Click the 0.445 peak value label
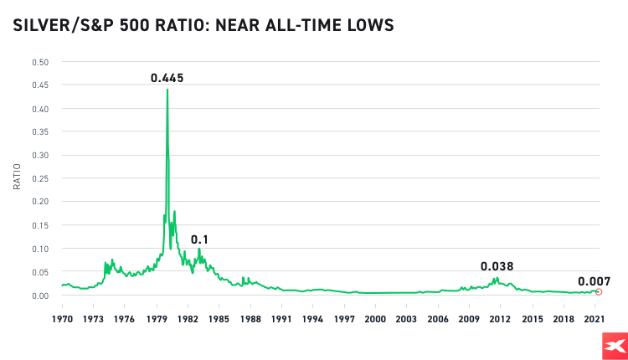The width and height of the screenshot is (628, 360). pyautogui.click(x=167, y=78)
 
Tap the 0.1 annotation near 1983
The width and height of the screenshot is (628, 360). pyautogui.click(x=199, y=239)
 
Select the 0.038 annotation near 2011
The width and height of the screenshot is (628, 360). pyautogui.click(x=497, y=266)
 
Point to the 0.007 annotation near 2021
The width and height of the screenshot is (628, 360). pyautogui.click(x=594, y=281)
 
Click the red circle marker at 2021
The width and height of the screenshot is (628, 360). pyautogui.click(x=598, y=291)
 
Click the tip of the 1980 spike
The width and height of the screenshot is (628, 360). pyautogui.click(x=167, y=90)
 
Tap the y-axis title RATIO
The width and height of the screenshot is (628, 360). pyautogui.click(x=17, y=177)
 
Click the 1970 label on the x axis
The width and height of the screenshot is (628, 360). pyautogui.click(x=62, y=319)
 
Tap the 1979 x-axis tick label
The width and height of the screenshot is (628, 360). pyautogui.click(x=156, y=319)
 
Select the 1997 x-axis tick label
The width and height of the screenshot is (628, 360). pyautogui.click(x=344, y=319)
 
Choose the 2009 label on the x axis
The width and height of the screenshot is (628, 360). pyautogui.click(x=469, y=319)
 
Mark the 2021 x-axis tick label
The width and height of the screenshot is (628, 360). pyautogui.click(x=595, y=319)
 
